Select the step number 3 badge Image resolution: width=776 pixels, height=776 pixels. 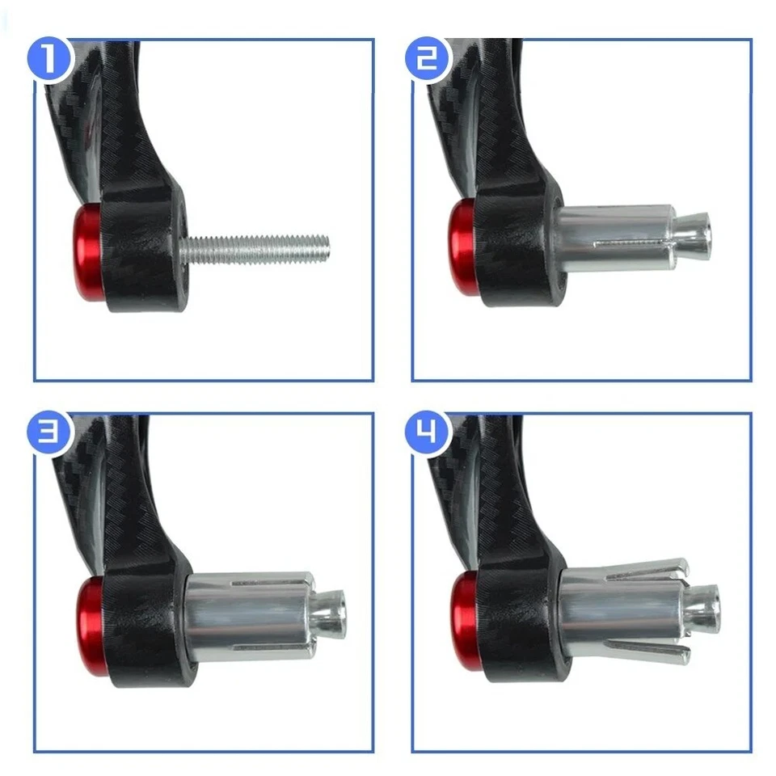tap(50, 433)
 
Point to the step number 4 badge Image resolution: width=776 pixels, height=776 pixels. tap(428, 433)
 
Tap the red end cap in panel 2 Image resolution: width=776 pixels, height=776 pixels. tap(462, 246)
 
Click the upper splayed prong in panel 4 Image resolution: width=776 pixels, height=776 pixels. tap(647, 569)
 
